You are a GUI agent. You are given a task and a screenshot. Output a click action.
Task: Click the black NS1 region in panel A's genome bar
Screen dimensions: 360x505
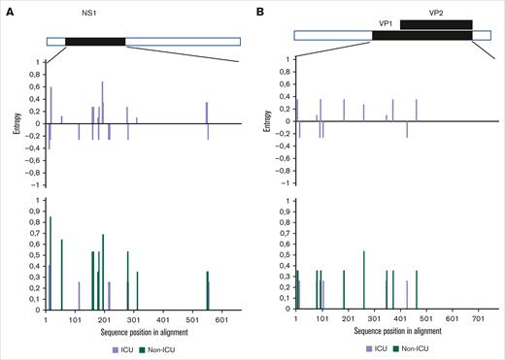pyautogui.click(x=95, y=42)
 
